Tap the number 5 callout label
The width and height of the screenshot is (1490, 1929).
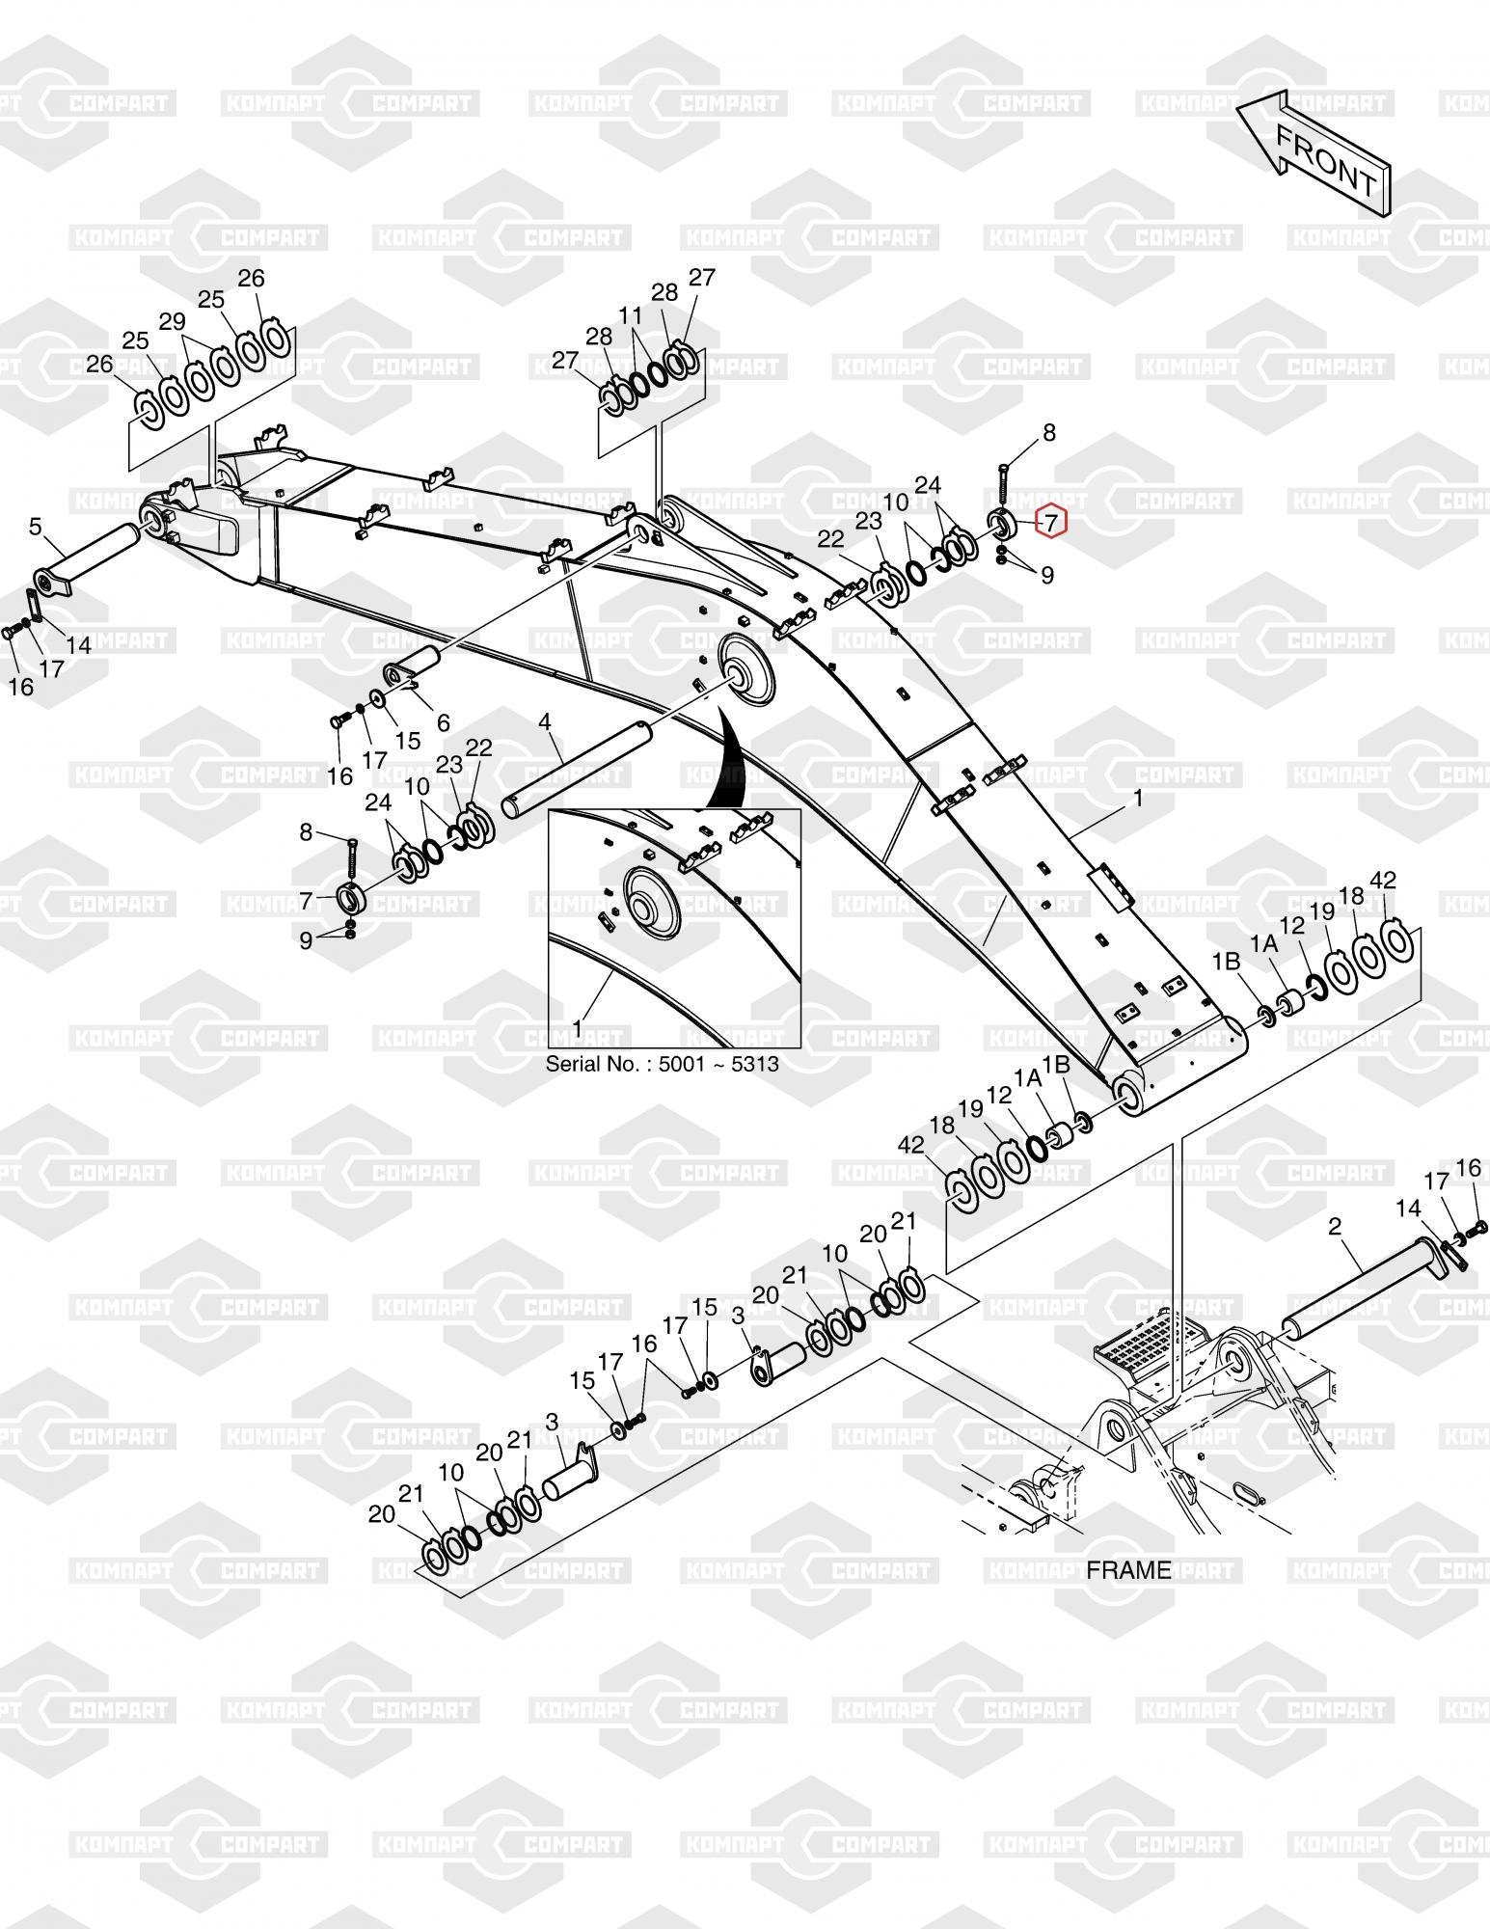pos(36,527)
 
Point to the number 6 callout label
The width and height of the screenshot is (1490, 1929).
pos(443,722)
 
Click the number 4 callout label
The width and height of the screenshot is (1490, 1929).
pos(545,722)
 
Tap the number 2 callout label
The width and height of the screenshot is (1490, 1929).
pos(1335,1227)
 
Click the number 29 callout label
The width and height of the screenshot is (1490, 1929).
pos(172,322)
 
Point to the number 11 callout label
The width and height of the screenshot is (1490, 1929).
pos(630,316)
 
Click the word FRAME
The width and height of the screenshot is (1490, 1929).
pos(1128,1570)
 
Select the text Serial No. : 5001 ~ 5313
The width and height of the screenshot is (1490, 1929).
pos(663,1065)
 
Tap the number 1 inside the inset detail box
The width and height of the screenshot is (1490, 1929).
pos(578,1029)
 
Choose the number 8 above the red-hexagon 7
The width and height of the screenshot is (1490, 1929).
pos(1049,433)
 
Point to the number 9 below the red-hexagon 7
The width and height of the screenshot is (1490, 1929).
pos(1047,576)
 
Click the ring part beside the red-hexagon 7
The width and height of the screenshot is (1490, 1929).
pos(1000,526)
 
